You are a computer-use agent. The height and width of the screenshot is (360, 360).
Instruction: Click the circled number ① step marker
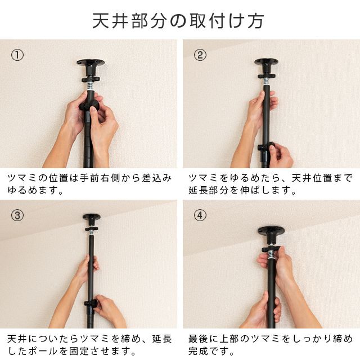pyautogui.click(x=17, y=55)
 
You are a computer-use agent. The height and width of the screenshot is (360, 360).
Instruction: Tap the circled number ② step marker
pyautogui.click(x=200, y=55)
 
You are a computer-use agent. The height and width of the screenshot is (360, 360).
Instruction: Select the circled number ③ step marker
pyautogui.click(x=17, y=215)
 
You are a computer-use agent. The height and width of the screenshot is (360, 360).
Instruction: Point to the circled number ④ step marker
pyautogui.click(x=200, y=215)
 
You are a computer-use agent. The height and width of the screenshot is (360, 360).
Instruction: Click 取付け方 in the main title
pyautogui.click(x=227, y=21)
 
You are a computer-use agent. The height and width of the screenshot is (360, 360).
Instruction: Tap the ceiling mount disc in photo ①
pyautogui.click(x=91, y=62)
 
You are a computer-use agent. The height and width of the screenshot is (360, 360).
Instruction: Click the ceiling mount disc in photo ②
pyautogui.click(x=266, y=61)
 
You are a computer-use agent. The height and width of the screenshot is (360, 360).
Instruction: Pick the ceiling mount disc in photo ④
pyautogui.click(x=271, y=229)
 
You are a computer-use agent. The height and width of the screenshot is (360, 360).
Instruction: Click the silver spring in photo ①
pyautogui.click(x=91, y=86)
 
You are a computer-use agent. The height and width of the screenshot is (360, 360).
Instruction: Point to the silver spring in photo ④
pyautogui.click(x=271, y=255)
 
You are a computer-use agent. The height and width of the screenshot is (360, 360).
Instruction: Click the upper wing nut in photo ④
pyautogui.click(x=271, y=249)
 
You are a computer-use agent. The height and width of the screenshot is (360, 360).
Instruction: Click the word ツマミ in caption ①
pyautogui.click(x=21, y=178)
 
